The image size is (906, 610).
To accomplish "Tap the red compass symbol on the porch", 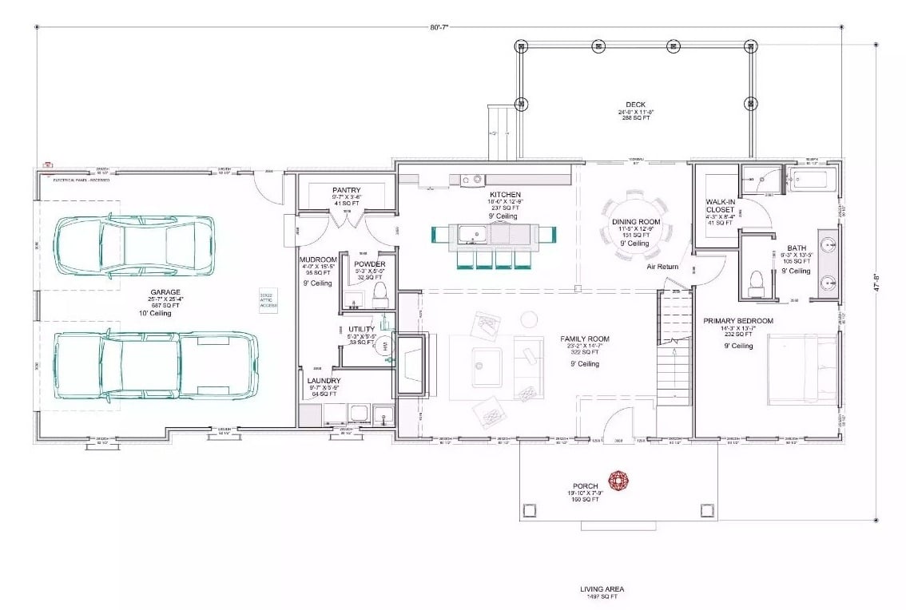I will click(618, 480).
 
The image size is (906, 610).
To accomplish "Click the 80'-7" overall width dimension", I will click(439, 27).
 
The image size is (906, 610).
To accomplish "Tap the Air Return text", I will click(662, 267).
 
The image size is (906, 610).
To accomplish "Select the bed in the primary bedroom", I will click(802, 366).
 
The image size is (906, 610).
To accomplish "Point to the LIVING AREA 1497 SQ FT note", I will click(602, 592).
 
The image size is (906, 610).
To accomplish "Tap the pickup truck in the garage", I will click(155, 365).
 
